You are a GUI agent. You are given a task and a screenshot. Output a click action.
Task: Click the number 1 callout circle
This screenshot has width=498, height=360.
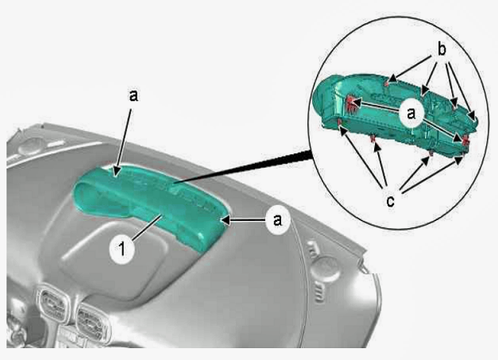[x=122, y=249]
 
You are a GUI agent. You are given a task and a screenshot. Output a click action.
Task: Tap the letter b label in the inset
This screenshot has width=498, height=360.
[x=442, y=49]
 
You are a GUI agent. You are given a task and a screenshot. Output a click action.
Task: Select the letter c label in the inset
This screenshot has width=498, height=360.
[x=390, y=201]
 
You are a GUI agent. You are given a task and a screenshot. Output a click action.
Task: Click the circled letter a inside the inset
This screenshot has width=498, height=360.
[x=411, y=113]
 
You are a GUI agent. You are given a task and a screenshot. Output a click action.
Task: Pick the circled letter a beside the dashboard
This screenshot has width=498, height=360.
[x=277, y=220]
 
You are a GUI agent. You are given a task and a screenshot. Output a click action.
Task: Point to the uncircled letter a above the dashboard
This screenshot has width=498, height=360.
[x=133, y=95]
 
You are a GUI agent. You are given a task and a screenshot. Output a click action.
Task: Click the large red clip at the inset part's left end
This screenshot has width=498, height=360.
[x=351, y=105]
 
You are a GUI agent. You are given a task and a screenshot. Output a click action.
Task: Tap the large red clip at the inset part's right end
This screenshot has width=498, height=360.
[x=465, y=140]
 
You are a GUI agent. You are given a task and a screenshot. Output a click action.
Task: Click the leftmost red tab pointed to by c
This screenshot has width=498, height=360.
[x=340, y=122]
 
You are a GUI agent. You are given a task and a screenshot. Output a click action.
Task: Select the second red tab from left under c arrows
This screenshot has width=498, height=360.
[x=373, y=138]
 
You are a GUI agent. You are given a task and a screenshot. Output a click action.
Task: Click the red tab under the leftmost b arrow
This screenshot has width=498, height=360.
[x=387, y=83]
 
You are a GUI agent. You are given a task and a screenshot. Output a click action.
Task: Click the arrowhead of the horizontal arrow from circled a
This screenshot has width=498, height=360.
[x=226, y=220]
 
